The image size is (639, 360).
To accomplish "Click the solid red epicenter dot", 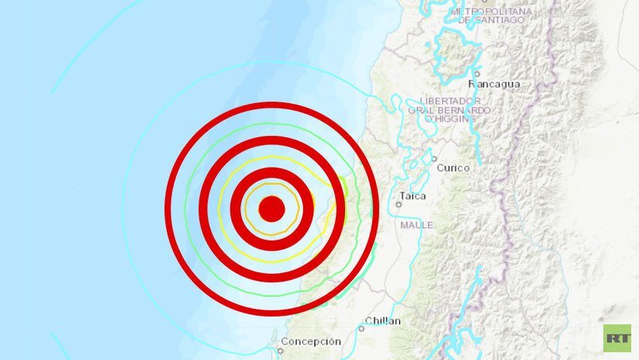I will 271,209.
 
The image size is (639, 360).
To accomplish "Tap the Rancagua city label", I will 496,84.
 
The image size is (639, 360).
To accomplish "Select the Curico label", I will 453,168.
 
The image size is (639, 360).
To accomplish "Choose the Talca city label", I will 413,196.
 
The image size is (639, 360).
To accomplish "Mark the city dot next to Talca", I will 398,204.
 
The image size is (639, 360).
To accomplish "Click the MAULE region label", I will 416,225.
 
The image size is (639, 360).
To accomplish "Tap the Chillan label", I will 383,320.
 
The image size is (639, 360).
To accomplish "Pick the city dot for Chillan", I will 361,328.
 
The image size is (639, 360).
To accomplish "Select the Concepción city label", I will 310,341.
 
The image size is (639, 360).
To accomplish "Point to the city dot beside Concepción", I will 282,350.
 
